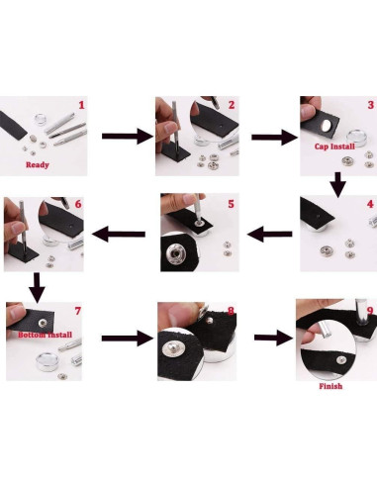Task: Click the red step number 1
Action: [x=81, y=105]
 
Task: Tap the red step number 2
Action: [x=232, y=105]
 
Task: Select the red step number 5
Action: [x=231, y=204]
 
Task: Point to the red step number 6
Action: [x=78, y=204]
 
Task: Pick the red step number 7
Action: [x=78, y=311]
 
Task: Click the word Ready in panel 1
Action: [x=38, y=164]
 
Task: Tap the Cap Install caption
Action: [x=334, y=146]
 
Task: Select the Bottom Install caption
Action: [x=45, y=335]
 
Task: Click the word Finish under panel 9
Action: [x=330, y=386]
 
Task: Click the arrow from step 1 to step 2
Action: [x=128, y=137]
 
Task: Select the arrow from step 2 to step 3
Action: [x=274, y=137]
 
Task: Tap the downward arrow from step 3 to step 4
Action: [x=338, y=185]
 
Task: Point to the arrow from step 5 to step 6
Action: [x=119, y=235]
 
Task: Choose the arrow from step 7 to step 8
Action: [x=128, y=339]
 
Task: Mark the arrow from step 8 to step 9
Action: [x=274, y=338]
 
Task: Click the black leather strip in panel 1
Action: [x=13, y=126]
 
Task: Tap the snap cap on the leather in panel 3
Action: [x=327, y=126]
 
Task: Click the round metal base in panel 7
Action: [x=47, y=361]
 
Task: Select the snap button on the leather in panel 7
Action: [x=43, y=323]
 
